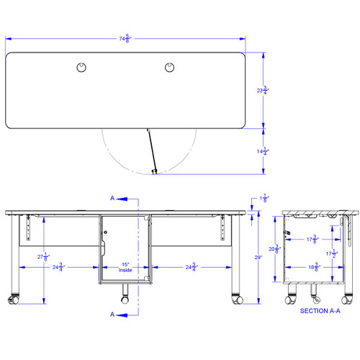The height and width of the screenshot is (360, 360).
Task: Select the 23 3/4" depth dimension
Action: (268, 91)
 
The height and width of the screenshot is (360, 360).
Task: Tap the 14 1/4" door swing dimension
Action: (268, 151)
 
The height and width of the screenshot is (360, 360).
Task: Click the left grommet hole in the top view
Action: (81, 67)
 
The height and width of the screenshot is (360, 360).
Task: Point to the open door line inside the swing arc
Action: (150, 151)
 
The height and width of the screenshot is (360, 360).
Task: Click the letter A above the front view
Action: (112, 197)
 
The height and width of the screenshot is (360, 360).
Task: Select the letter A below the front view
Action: (112, 314)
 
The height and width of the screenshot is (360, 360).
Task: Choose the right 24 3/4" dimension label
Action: (192, 267)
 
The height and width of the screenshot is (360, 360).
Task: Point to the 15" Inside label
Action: (125, 267)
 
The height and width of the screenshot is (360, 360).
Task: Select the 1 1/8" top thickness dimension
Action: (264, 198)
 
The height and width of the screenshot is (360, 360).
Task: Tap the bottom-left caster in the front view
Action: (14, 300)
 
